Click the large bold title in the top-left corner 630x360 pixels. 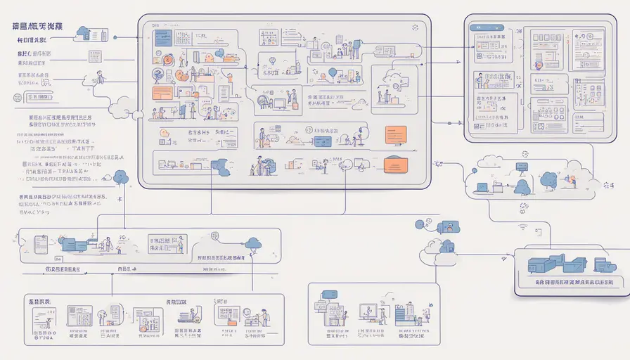[37, 25]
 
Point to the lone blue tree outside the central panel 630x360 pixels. [121, 177]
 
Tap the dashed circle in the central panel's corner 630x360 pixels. [416, 28]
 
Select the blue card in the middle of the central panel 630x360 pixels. [323, 141]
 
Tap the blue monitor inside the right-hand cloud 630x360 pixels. [522, 167]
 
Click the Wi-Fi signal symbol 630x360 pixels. [522, 227]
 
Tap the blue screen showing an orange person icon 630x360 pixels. [445, 226]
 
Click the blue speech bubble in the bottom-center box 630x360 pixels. [328, 294]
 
